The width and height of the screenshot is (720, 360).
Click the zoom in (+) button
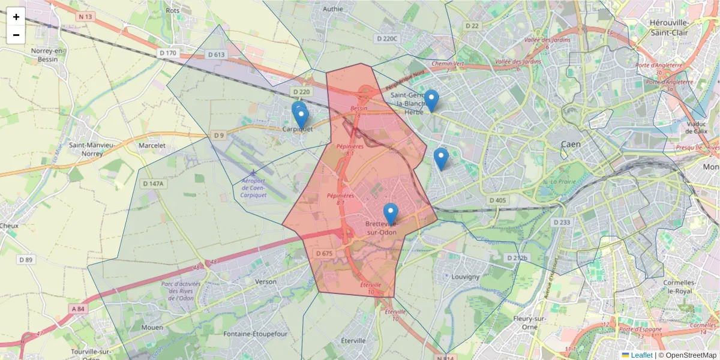pos(16,17)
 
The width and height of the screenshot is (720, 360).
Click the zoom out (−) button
pos(16,35)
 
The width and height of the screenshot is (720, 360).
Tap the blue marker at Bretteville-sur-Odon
pos(391,214)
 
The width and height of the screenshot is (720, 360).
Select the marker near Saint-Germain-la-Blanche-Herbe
pos(431,100)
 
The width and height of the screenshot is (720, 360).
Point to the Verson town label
pos(266,281)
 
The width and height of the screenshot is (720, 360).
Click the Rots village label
pos(173,10)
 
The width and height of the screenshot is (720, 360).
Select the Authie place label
pos(333,9)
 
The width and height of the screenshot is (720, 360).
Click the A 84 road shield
pos(78,308)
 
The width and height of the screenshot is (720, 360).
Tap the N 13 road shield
pos(85,17)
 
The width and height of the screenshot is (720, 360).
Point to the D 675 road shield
pos(323,254)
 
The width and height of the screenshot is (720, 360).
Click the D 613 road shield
pos(217,55)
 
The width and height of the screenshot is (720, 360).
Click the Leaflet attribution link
pos(641,355)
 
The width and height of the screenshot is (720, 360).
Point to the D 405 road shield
pos(498,200)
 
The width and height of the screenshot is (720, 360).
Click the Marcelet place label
pos(152,146)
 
